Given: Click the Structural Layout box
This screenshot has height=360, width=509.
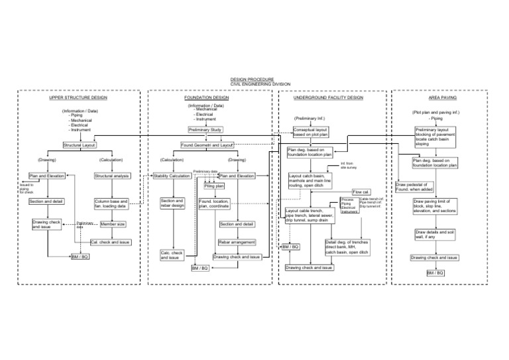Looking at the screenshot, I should pyautogui.click(x=80, y=145).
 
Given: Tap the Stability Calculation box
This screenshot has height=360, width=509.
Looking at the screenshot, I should pyautogui.click(x=172, y=176).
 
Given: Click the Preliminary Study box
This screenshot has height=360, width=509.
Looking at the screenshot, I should pyautogui.click(x=205, y=130).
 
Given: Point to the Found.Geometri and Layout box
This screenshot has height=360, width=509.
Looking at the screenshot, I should pyautogui.click(x=207, y=145).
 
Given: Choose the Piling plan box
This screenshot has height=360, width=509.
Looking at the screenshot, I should pyautogui.click(x=214, y=186).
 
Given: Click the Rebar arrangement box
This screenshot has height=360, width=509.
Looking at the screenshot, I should pyautogui.click(x=237, y=243).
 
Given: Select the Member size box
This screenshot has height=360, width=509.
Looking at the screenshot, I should pyautogui.click(x=113, y=225).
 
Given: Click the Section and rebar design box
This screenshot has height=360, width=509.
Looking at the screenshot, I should pyautogui.click(x=172, y=203).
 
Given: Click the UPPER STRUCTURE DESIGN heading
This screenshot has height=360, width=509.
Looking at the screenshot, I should pyautogui.click(x=79, y=97).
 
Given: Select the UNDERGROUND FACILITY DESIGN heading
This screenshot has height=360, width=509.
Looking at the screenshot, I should pyautogui.click(x=328, y=97).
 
